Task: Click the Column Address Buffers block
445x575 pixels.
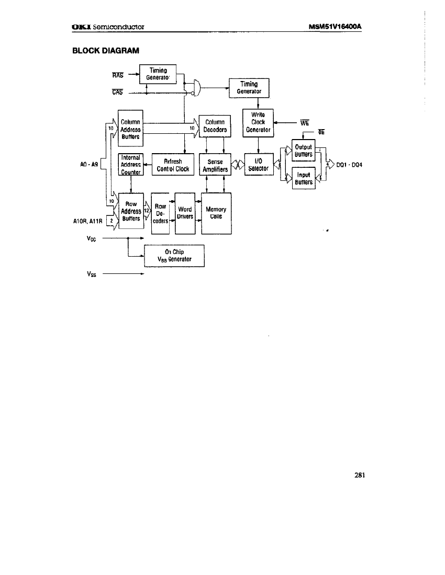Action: (x=130, y=130)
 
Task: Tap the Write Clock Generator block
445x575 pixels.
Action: (x=258, y=122)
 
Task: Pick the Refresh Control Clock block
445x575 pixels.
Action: (x=173, y=165)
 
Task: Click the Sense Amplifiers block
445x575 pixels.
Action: (x=215, y=165)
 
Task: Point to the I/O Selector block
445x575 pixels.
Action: (x=258, y=165)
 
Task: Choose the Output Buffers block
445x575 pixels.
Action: (x=303, y=151)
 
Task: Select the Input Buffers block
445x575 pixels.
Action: (x=303, y=179)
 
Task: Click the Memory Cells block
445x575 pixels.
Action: (x=216, y=213)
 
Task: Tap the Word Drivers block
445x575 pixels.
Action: (x=185, y=213)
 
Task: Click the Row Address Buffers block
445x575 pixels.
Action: (x=131, y=211)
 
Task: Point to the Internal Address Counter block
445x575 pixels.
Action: (x=130, y=164)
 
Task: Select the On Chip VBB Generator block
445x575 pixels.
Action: (x=174, y=256)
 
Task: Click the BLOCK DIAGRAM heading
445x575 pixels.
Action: (x=105, y=50)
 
